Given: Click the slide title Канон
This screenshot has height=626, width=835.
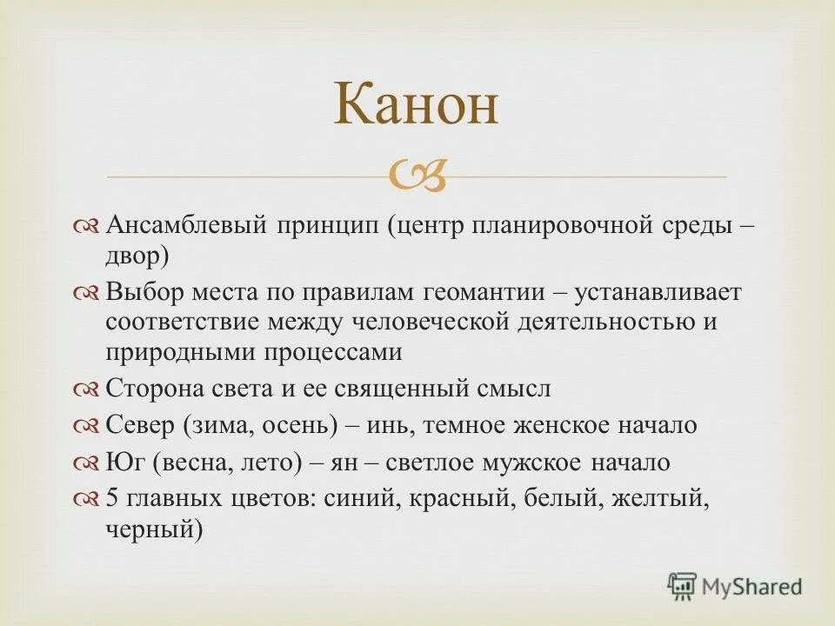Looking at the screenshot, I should pyautogui.click(x=417, y=107).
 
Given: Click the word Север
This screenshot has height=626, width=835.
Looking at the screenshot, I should pyautogui.click(x=140, y=425).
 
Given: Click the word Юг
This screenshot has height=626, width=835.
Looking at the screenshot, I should pyautogui.click(x=125, y=462).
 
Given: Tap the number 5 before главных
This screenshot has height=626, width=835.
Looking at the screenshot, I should pyautogui.click(x=112, y=499).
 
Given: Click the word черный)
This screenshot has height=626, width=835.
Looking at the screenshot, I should pyautogui.click(x=154, y=528).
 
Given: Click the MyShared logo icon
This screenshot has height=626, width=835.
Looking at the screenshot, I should pyautogui.click(x=683, y=586).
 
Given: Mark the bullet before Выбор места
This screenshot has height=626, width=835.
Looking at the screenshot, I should pyautogui.click(x=89, y=293).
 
